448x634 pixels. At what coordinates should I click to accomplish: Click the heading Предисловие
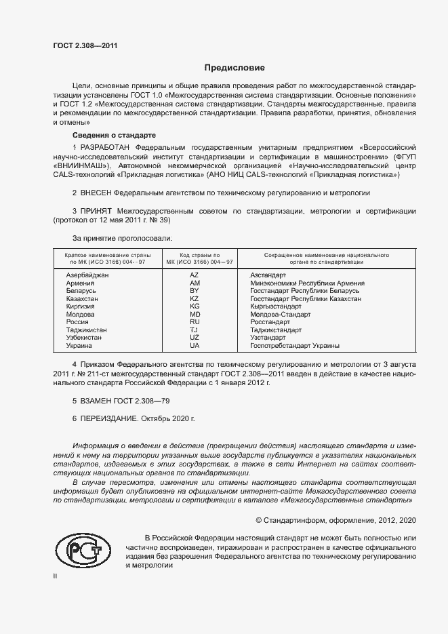pos(235,68)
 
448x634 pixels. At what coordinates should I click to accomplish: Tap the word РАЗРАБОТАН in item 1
pos(106,147)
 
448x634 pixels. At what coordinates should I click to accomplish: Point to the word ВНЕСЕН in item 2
pos(96,193)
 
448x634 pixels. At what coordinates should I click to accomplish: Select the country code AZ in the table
pos(194,275)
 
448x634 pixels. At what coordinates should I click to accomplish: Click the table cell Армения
pos(79,283)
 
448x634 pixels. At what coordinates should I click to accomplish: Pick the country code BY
pos(194,291)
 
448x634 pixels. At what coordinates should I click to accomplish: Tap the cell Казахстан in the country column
pos(82,298)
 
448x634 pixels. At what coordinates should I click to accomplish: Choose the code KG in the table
pos(194,306)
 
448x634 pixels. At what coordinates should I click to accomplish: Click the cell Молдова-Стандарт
pos(281,315)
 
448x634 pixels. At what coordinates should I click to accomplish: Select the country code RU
pos(194,322)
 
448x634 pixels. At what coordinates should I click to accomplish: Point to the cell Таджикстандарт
pos(277,330)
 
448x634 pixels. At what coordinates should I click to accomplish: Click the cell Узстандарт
pos(268,337)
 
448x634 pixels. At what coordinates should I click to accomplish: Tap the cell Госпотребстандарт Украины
pos(295,345)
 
